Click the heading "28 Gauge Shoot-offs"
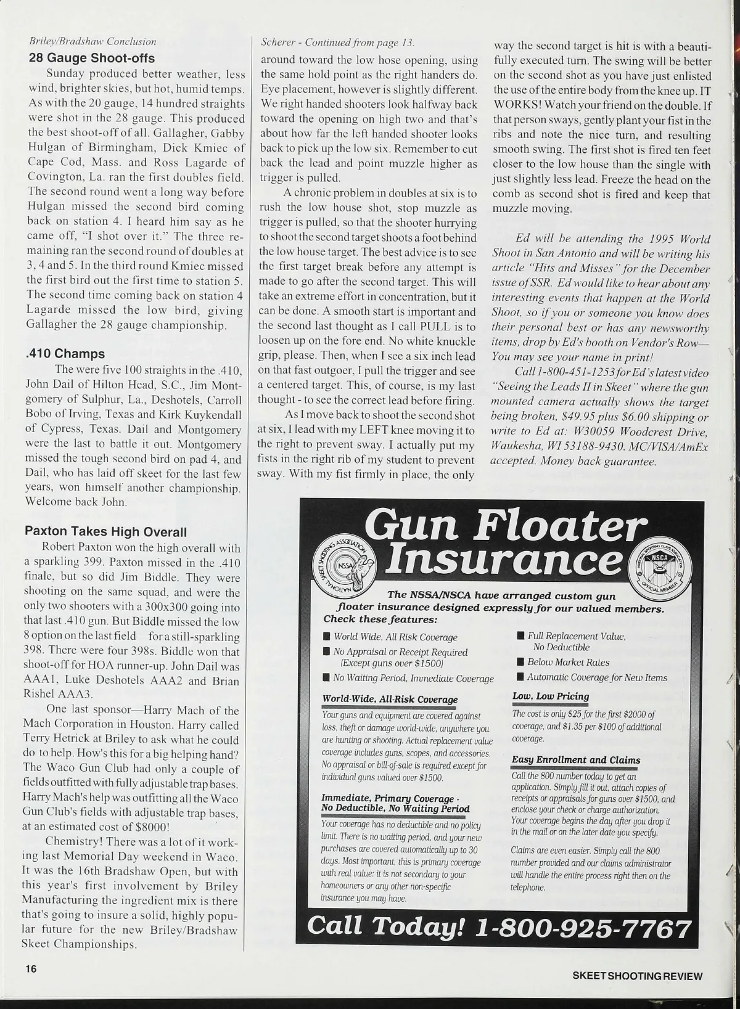(x=92, y=59)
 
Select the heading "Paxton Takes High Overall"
(x=105, y=531)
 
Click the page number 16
(x=31, y=968)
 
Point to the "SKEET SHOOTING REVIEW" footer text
(x=638, y=976)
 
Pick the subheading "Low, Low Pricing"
(x=551, y=696)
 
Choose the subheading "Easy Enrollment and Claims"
(x=576, y=760)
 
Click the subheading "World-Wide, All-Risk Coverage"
(x=390, y=699)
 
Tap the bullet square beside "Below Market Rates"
(x=520, y=663)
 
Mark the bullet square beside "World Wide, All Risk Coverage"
(x=326, y=637)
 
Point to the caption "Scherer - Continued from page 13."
(x=337, y=43)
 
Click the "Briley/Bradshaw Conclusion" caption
(x=92, y=42)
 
